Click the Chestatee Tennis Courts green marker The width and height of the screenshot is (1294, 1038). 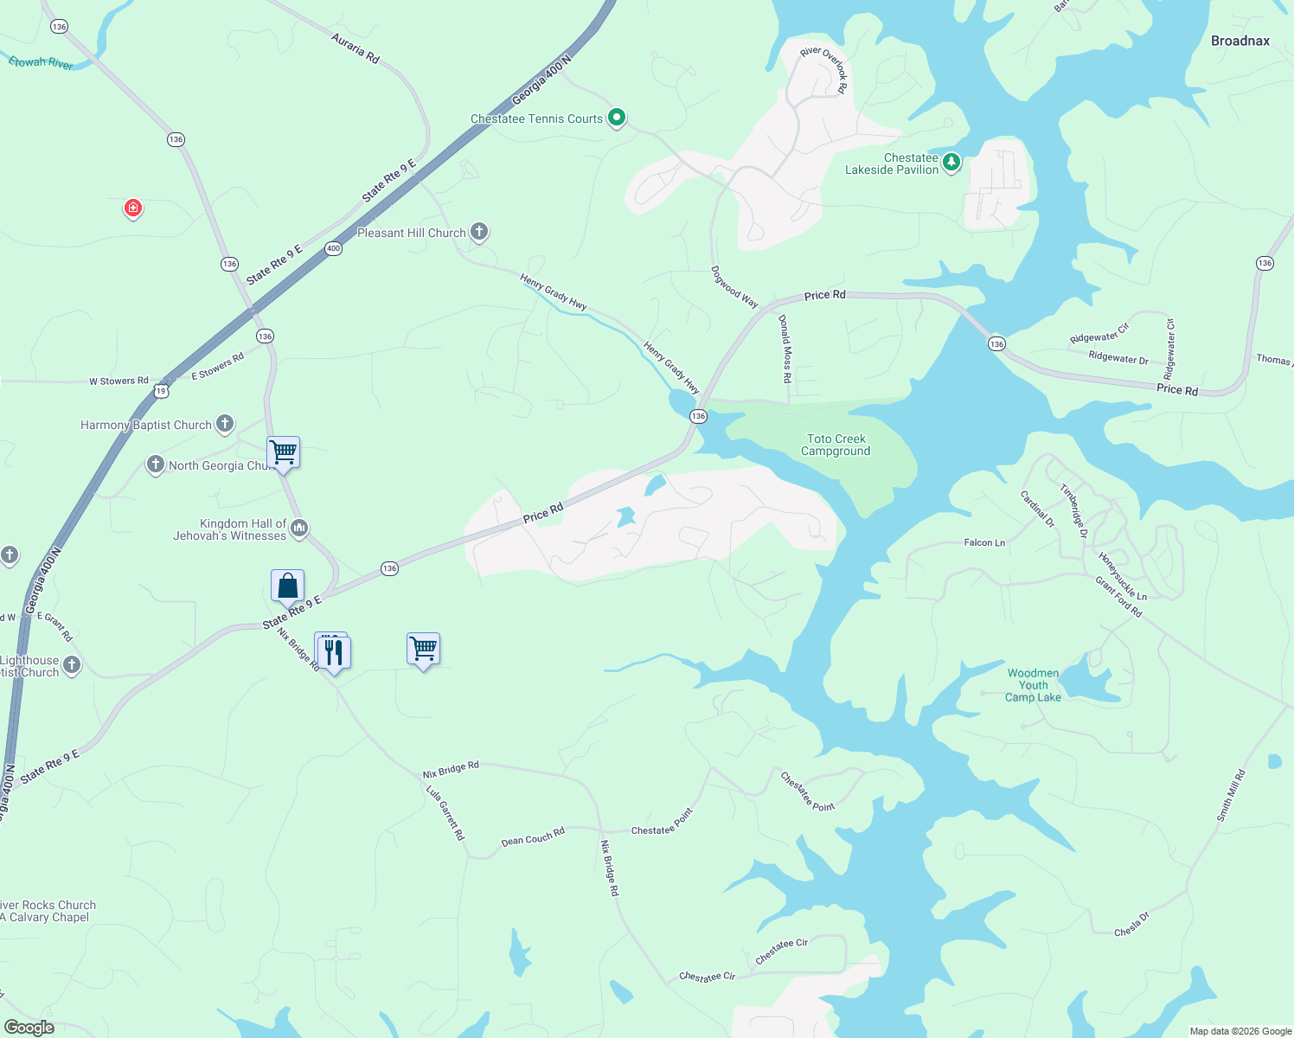click(617, 117)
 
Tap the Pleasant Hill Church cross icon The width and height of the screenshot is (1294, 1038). click(479, 232)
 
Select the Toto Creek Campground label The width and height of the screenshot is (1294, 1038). click(836, 445)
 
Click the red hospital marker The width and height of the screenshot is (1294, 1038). click(132, 208)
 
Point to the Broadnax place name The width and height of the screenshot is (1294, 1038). click(1240, 41)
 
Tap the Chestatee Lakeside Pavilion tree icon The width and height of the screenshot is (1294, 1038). click(951, 162)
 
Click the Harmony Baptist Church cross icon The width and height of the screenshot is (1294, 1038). click(225, 424)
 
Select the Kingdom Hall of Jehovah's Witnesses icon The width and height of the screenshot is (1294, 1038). click(299, 528)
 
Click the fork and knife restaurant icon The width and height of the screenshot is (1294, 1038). click(334, 652)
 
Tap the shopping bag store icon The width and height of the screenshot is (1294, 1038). click(287, 586)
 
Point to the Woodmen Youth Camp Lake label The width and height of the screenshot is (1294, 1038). click(1033, 685)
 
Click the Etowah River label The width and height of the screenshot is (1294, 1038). click(41, 63)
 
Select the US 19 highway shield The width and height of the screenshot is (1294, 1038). click(161, 391)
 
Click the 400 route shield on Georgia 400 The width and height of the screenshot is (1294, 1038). click(333, 248)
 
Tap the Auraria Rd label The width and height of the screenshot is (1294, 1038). click(356, 48)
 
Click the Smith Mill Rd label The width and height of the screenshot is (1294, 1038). click(1231, 795)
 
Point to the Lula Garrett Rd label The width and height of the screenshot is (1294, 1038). click(445, 812)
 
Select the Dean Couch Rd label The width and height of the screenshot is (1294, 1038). click(533, 836)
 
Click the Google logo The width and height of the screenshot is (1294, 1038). click(29, 1027)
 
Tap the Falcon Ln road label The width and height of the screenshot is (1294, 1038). click(984, 542)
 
